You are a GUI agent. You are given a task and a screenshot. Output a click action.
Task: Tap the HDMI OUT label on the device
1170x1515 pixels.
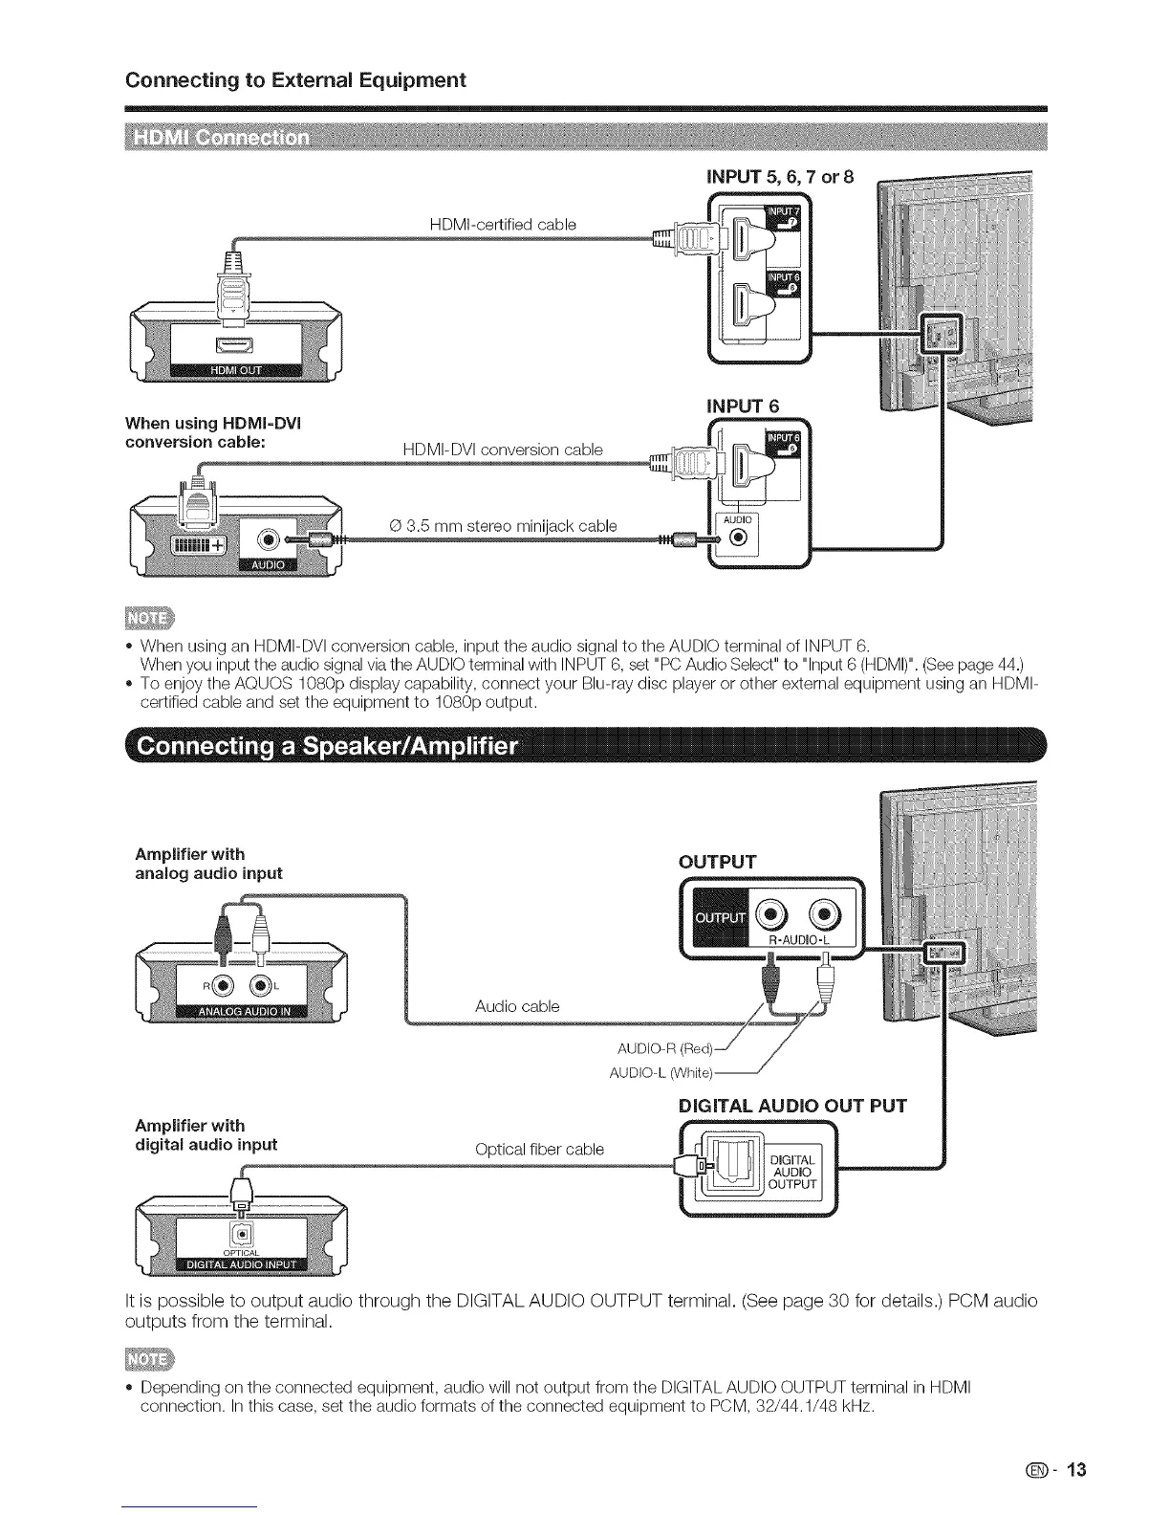click(x=235, y=371)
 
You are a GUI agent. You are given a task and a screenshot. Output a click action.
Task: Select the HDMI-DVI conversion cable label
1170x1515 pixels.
click(x=503, y=450)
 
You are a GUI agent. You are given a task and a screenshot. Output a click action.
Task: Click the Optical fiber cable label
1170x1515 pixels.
click(x=539, y=1149)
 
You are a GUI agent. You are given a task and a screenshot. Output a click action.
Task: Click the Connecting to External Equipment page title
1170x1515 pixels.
click(x=295, y=79)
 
